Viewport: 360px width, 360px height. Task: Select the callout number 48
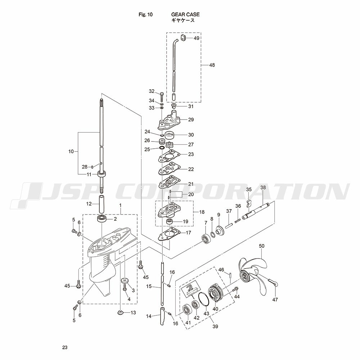212,65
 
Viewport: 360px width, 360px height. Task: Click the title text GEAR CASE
185,14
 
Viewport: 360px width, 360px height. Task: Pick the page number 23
65,347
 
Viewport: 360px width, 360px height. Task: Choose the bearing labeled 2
101,219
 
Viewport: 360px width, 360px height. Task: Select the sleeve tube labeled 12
102,204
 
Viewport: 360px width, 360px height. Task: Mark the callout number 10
71,152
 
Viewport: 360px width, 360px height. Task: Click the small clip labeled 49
183,38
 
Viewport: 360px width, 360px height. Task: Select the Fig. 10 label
145,14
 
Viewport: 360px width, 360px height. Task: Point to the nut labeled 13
120,312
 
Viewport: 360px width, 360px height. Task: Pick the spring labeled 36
237,221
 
